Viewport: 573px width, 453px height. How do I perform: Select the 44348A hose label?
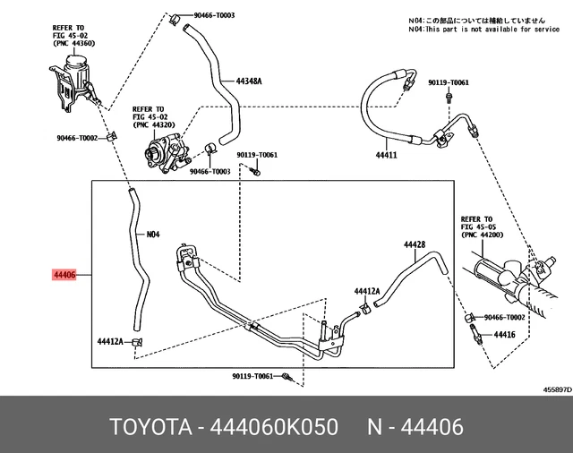pos(249,81)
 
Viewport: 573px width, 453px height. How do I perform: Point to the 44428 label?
pos(414,244)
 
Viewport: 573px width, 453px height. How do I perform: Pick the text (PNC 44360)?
pos(71,44)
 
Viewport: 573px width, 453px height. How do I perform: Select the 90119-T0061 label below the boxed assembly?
pos(252,377)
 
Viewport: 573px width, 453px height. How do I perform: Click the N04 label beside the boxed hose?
pos(152,235)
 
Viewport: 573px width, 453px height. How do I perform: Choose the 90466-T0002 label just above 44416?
pos(505,318)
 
